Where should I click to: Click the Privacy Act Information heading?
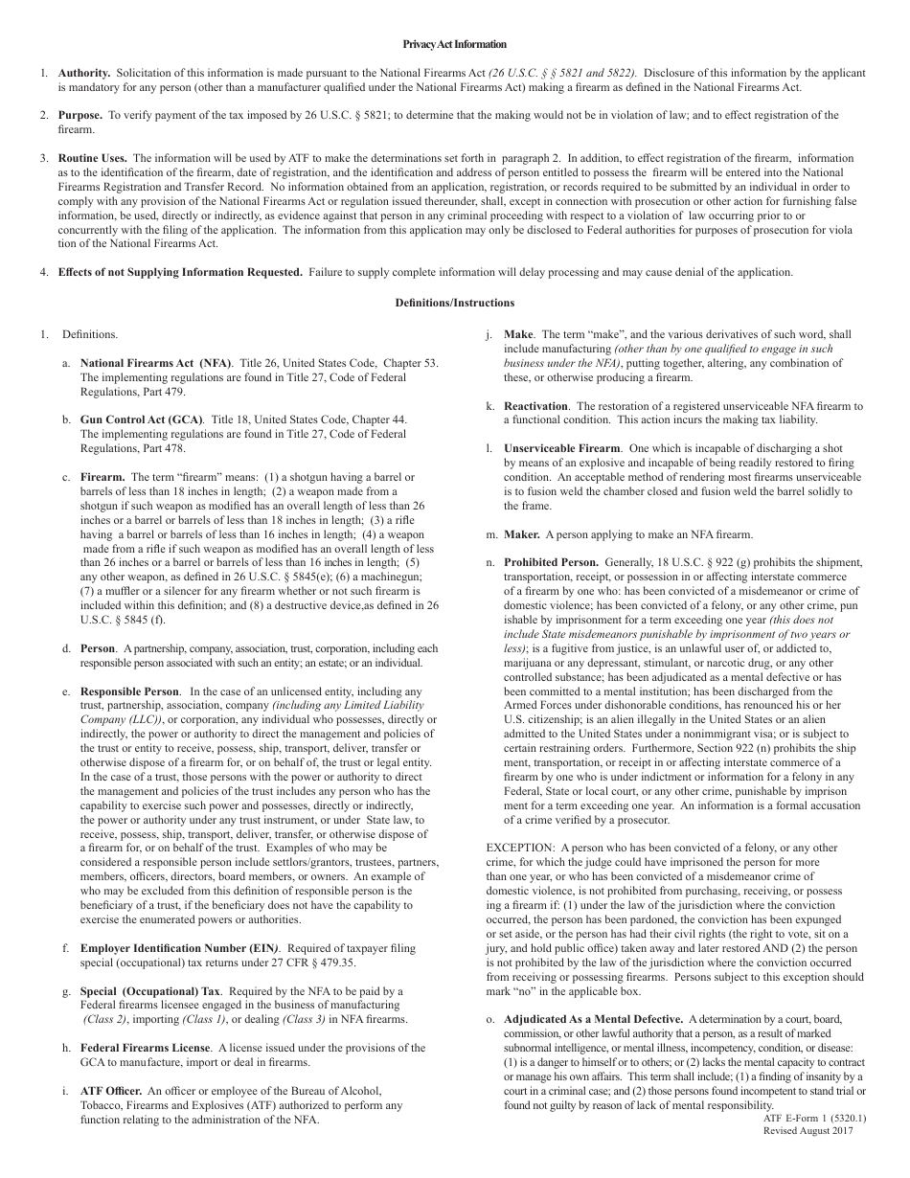coord(454,44)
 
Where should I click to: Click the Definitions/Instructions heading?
coord(454,303)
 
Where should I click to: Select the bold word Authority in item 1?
coord(84,73)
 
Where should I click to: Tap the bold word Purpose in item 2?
coord(81,115)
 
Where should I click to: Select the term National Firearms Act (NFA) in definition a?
coord(156,364)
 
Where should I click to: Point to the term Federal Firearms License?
coord(146,1048)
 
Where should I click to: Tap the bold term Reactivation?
coord(536,406)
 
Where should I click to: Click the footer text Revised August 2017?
coord(808,1130)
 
